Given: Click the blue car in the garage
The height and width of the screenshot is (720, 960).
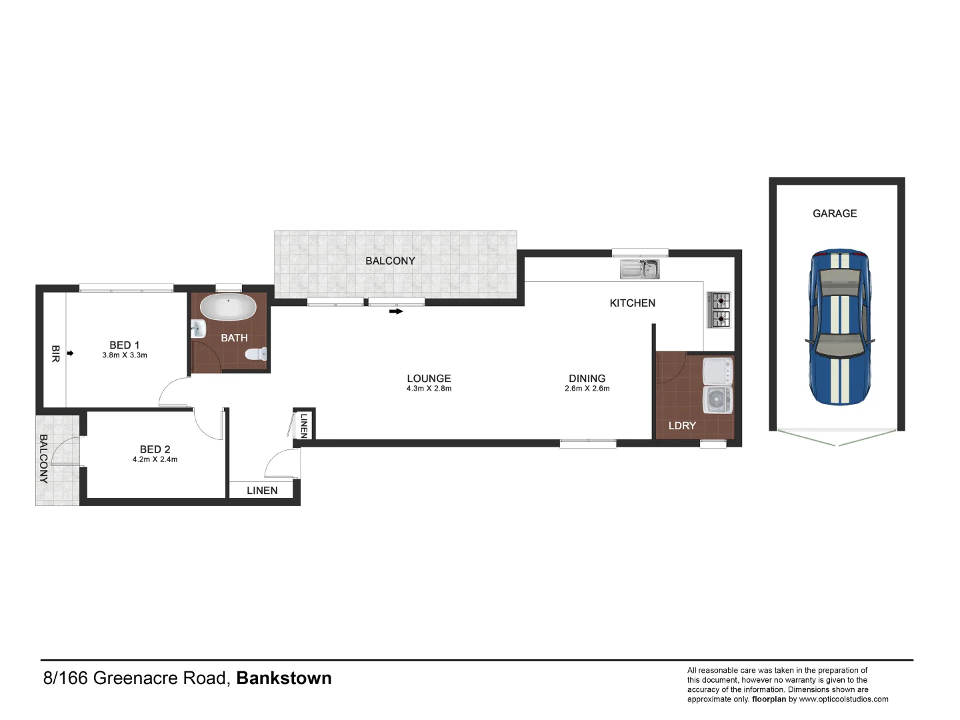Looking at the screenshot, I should click(839, 327).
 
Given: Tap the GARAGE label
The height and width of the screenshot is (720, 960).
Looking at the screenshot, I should click(835, 213).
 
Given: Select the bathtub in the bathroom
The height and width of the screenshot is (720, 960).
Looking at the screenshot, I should click(228, 307).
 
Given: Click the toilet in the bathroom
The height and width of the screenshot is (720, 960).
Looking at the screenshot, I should click(257, 354).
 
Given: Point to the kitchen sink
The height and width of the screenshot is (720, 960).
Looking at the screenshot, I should click(639, 269).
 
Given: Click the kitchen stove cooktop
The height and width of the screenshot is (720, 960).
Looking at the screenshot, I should click(720, 310).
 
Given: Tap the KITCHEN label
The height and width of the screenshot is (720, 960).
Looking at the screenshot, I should click(632, 303).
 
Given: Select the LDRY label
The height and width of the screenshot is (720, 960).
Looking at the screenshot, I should click(682, 425).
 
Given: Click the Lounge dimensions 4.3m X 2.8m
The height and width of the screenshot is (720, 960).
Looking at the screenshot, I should click(429, 389).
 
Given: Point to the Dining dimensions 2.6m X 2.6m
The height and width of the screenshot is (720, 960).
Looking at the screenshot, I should click(587, 389).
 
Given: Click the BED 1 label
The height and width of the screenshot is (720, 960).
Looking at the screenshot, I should click(125, 345).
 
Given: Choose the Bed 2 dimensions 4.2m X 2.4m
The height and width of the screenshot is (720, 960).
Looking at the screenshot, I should click(155, 459).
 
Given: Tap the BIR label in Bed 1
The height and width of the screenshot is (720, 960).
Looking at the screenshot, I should click(55, 353).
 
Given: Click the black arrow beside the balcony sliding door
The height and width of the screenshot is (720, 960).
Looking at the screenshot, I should click(396, 311).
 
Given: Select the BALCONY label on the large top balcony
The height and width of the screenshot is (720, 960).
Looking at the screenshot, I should click(390, 261).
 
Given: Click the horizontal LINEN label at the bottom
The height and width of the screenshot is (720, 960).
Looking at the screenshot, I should click(262, 490).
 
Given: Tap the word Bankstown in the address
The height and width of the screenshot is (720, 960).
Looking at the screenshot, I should click(284, 678).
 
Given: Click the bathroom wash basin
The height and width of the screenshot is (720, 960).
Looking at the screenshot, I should click(198, 329).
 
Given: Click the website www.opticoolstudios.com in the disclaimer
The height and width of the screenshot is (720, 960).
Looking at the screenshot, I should click(843, 699).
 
